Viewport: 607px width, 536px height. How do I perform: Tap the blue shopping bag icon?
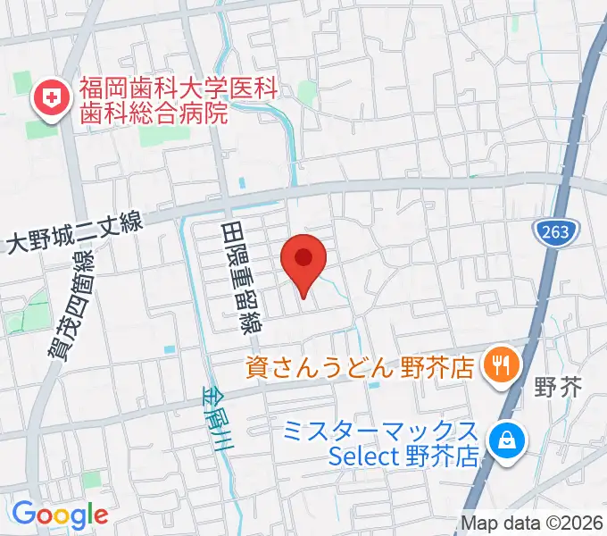point(506,440)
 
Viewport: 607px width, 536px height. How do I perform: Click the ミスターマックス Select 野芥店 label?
point(381,444)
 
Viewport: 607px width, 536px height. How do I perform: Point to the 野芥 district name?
point(557,389)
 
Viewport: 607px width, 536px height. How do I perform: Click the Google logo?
point(60,515)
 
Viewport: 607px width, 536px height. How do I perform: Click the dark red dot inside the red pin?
point(303,257)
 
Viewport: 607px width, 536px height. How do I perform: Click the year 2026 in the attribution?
point(584,523)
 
